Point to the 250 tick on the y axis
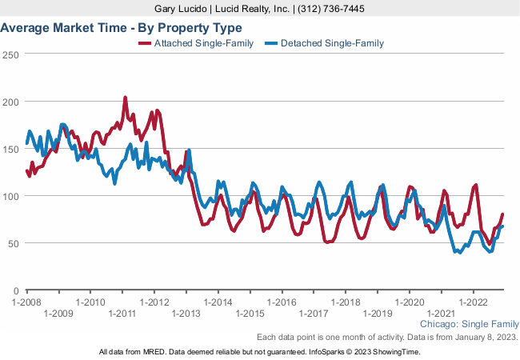[x=10, y=54]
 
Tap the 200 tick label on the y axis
[x=10, y=102]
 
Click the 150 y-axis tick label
[x=10, y=149]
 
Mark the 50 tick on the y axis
[x=13, y=243]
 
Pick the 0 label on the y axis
[x=15, y=290]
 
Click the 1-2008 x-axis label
[x=26, y=302]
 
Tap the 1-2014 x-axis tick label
[x=218, y=302]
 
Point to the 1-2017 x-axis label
[x=314, y=314]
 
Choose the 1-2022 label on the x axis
[x=474, y=302]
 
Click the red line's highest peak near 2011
[x=125, y=98]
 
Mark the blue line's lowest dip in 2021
[x=458, y=253]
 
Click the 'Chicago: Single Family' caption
[x=469, y=325]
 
